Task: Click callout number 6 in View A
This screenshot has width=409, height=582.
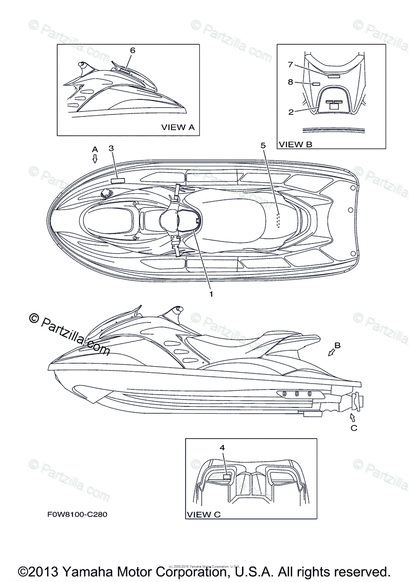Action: coord(132,50)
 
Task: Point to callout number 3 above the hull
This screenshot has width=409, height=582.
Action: coord(111,147)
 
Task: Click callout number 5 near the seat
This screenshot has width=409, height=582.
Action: coord(263,145)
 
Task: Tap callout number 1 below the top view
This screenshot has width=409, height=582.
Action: coord(211,293)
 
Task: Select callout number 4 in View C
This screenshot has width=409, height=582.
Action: coord(222,448)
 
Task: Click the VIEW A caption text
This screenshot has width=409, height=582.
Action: coord(178,127)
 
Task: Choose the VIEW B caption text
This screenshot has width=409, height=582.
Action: coord(295,144)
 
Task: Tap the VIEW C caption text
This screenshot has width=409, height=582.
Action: coord(204,514)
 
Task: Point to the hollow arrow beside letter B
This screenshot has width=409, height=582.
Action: coord(332,353)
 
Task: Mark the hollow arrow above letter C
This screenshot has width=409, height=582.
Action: coord(352,417)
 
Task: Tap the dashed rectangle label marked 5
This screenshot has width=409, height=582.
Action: coord(278,220)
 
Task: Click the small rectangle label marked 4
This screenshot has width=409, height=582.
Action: coord(225,477)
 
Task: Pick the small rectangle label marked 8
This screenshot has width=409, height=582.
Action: coord(316,83)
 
